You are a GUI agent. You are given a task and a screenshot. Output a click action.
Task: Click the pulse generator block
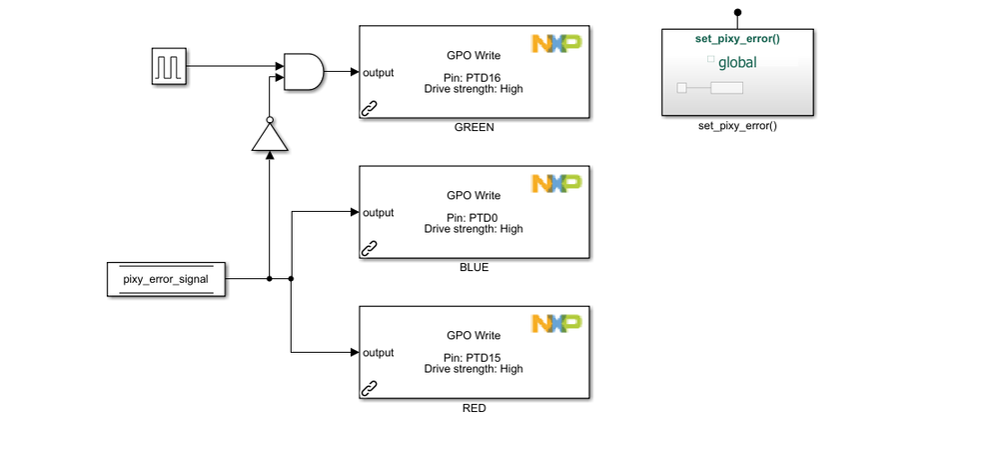[169, 67]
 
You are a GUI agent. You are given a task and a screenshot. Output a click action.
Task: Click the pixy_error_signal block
[166, 279]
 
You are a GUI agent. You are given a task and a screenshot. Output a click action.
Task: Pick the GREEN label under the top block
[474, 127]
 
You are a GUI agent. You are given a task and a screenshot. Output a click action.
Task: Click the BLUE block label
[474, 268]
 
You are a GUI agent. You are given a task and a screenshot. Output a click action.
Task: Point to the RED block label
[474, 408]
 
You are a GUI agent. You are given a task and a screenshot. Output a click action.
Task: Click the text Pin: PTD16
[474, 76]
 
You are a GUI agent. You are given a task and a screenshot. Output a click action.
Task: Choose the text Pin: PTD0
[474, 216]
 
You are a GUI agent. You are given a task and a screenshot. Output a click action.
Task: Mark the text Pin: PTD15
[474, 356]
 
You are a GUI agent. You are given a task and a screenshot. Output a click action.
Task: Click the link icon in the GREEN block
[369, 107]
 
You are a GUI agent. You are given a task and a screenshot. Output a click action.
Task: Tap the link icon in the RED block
[369, 387]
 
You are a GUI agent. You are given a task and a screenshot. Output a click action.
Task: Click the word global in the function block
[737, 63]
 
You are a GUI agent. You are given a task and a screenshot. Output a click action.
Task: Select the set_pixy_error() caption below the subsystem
[737, 127]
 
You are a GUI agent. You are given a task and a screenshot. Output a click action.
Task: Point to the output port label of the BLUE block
[378, 212]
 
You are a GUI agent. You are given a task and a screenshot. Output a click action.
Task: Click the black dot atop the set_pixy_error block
[737, 13]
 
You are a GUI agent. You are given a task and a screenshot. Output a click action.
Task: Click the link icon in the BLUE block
[369, 247]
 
